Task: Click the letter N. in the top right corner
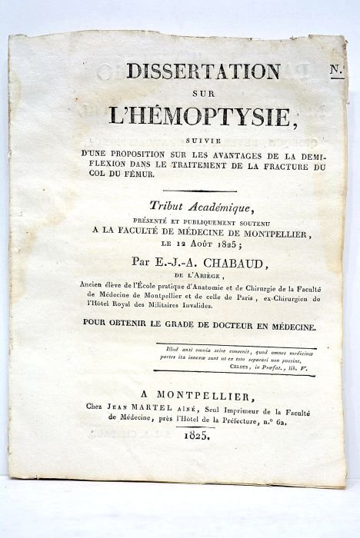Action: pos(335,71)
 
